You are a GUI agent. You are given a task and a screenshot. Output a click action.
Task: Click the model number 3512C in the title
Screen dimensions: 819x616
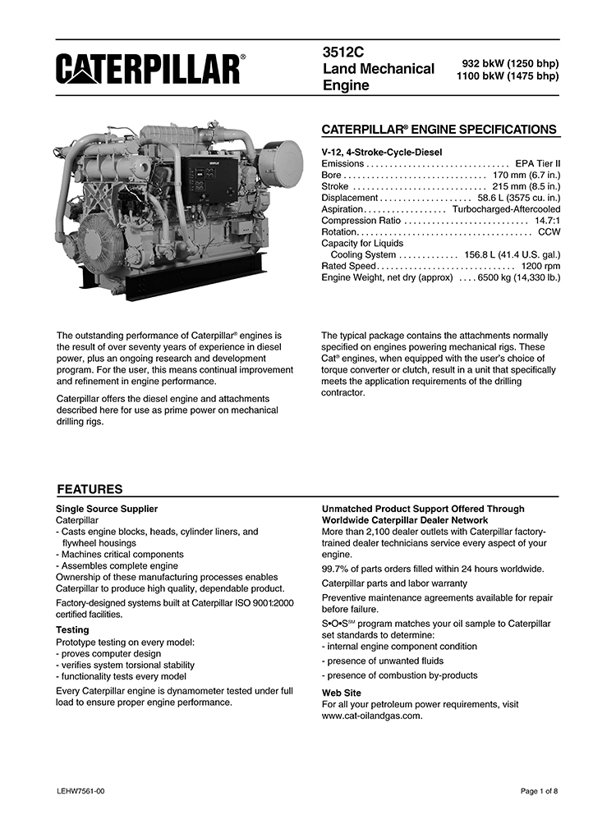tap(343, 52)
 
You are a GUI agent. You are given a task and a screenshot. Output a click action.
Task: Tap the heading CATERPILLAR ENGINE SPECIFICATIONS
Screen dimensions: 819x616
tap(439, 130)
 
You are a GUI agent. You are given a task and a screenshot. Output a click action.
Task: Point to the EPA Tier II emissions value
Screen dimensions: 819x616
tap(537, 164)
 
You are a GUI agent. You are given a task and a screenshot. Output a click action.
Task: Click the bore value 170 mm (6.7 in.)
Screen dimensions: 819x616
tap(526, 175)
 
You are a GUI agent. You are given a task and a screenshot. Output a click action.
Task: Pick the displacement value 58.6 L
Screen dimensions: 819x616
tap(494, 198)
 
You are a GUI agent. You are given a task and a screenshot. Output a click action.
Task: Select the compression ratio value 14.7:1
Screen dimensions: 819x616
tap(547, 221)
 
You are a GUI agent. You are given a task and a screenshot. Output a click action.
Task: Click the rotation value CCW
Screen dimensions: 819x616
tap(549, 232)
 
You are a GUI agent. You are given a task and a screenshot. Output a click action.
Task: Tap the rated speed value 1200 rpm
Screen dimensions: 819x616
tap(540, 267)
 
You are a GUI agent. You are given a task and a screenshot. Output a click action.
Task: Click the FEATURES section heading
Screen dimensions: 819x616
tap(90, 489)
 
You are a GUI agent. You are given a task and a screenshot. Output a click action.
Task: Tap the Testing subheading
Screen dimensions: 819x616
tap(72, 630)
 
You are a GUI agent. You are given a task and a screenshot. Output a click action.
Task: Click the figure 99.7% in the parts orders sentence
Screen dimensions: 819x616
tap(337, 569)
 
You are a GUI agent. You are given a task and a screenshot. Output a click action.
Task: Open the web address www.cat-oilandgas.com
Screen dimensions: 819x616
tap(372, 716)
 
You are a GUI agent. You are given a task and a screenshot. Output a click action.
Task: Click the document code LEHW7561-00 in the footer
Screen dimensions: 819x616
tap(80, 791)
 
